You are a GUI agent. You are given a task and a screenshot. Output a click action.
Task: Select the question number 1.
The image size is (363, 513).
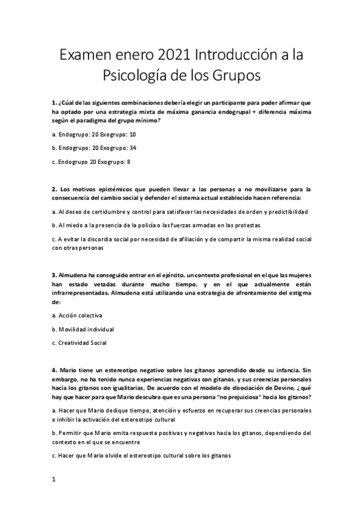pyautogui.click(x=54, y=103)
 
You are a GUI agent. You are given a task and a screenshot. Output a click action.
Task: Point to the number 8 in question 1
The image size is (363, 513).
pyautogui.click(x=128, y=162)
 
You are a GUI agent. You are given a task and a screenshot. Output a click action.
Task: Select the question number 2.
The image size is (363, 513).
pyautogui.click(x=54, y=189)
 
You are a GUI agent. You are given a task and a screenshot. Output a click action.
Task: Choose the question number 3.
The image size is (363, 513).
pyautogui.click(x=54, y=275)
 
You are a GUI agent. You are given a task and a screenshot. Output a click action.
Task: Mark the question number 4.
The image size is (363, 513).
pyautogui.click(x=54, y=370)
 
